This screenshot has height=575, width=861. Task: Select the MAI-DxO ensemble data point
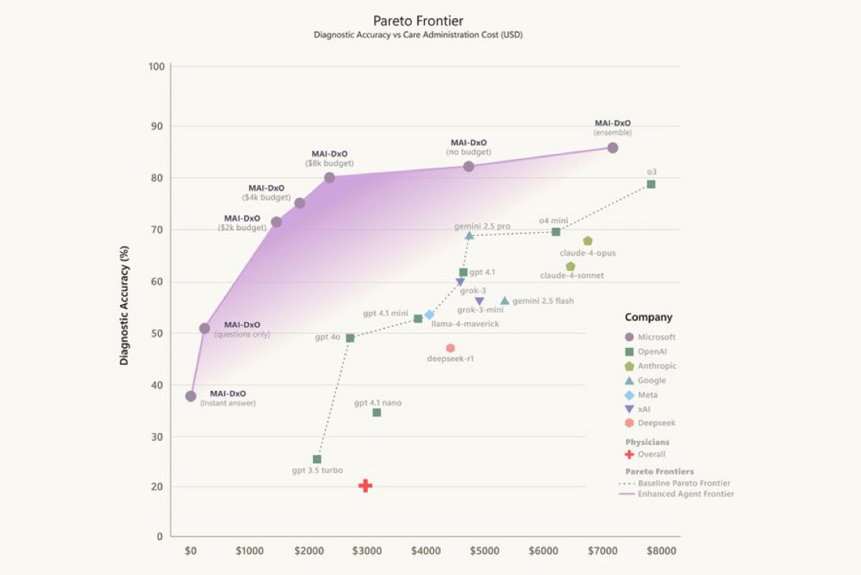coord(613,147)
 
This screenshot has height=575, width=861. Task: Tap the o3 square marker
coord(650,184)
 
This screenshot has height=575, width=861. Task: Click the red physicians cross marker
coord(365,486)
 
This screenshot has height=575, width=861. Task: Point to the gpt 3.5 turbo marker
coord(317,459)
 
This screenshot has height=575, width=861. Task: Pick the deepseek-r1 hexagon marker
coord(450,348)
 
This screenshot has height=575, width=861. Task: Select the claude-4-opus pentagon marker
coord(588,240)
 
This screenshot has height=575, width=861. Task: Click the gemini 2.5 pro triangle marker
coord(469,235)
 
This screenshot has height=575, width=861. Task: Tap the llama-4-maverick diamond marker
coord(429,314)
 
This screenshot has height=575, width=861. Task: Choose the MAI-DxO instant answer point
coord(191,396)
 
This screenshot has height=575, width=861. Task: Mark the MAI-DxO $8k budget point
coord(330,178)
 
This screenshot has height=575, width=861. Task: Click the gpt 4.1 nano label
coord(377,403)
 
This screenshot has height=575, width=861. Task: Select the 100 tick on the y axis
coord(156,67)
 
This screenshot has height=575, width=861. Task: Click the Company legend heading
coord(648,317)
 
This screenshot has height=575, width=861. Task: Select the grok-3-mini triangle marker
coord(479,301)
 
